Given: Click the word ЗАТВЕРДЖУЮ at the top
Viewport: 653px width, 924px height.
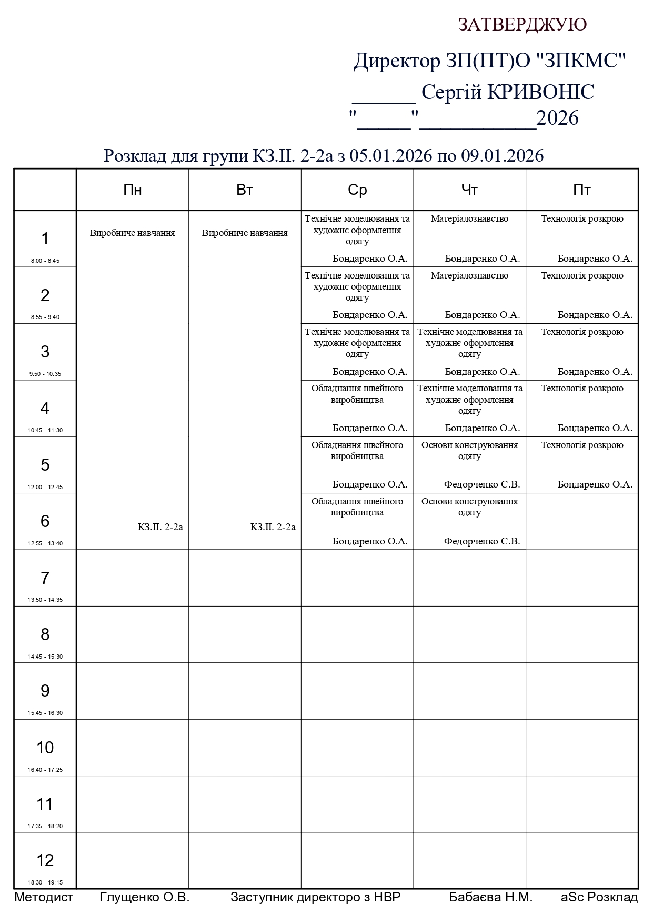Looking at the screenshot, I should (x=522, y=25).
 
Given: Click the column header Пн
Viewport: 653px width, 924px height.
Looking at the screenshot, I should (x=132, y=190).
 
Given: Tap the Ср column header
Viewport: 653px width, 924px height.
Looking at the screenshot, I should (x=357, y=190).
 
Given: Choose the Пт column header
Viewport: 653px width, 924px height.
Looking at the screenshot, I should (x=581, y=190).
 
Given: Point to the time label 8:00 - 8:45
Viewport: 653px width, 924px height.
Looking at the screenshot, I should (x=45, y=261).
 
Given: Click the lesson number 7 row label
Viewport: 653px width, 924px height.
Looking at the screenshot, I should (x=45, y=578).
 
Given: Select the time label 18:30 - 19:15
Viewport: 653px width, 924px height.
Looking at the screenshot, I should (x=45, y=882).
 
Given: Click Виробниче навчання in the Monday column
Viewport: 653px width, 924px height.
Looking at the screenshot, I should (x=132, y=233).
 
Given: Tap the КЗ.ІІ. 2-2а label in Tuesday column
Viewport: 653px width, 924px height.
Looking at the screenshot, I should (x=273, y=527).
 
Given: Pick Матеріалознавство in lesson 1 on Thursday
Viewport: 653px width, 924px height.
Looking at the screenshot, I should (x=469, y=218).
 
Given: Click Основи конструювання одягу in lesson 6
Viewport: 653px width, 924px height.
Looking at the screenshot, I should (x=469, y=506).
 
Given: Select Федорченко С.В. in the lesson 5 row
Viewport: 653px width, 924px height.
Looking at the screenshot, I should (x=481, y=484).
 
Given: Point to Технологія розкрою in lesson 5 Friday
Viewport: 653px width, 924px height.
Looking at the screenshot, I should (x=582, y=445).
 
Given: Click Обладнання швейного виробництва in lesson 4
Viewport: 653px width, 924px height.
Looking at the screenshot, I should (x=357, y=394).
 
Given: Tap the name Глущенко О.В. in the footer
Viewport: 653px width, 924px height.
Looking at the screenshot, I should (x=144, y=897).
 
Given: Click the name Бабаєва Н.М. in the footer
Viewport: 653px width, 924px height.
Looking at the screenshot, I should (x=490, y=897).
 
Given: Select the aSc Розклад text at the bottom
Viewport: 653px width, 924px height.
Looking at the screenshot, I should (x=599, y=897).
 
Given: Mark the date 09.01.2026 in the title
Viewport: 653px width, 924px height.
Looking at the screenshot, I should (x=502, y=156).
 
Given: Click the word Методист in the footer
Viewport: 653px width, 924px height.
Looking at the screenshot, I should (x=44, y=897).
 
